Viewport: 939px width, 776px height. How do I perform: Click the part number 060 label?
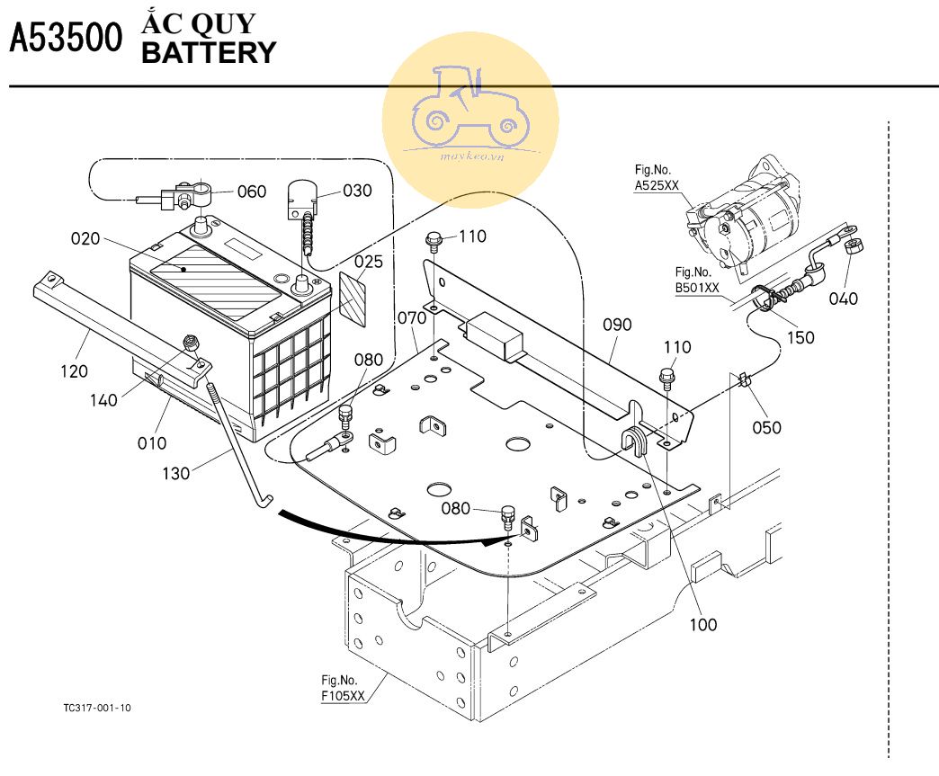pyautogui.click(x=252, y=192)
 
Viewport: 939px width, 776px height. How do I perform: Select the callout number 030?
pyautogui.click(x=332, y=191)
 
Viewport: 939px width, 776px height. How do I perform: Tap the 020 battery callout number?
pyautogui.click(x=86, y=238)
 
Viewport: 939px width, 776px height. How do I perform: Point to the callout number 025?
pyautogui.click(x=368, y=263)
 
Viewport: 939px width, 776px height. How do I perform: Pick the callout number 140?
pyautogui.click(x=103, y=400)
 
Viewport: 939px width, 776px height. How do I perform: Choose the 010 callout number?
pyautogui.click(x=152, y=442)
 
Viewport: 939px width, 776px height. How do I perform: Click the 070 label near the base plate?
pyautogui.click(x=411, y=318)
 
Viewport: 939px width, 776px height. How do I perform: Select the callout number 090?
pyautogui.click(x=618, y=325)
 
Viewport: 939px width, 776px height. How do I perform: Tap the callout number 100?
pyautogui.click(x=703, y=624)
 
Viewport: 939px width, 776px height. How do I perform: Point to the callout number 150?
pyautogui.click(x=800, y=338)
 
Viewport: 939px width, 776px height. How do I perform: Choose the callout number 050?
pyautogui.click(x=767, y=427)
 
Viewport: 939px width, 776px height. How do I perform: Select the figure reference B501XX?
pyautogui.click(x=698, y=288)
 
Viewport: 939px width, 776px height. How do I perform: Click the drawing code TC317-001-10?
pyautogui.click(x=97, y=708)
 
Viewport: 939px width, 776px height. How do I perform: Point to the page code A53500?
pyautogui.click(x=65, y=39)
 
